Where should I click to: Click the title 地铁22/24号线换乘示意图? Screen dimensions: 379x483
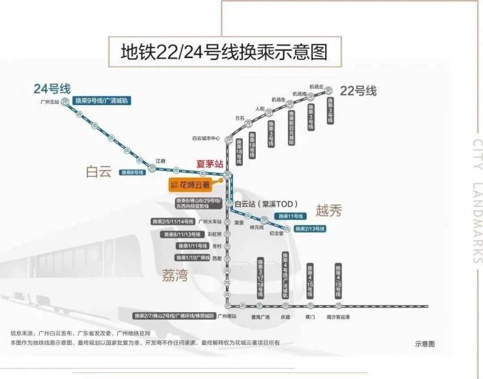tap(224, 51)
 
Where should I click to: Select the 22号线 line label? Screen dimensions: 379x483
tap(360, 91)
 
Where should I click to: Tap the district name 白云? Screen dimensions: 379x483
tap(99, 171)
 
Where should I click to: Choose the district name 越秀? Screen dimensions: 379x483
tap(328, 210)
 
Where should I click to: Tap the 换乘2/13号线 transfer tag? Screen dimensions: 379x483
tap(310, 229)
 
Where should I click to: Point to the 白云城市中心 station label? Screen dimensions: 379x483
tap(206, 138)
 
